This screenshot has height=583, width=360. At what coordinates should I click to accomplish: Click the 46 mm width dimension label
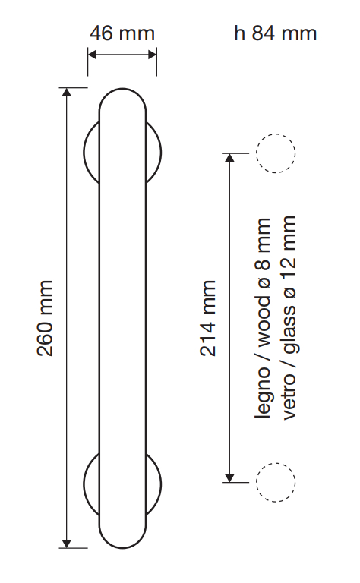(x=122, y=33)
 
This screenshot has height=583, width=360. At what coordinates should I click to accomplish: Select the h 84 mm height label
(x=276, y=33)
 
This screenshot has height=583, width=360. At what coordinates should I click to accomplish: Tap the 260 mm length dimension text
(x=45, y=318)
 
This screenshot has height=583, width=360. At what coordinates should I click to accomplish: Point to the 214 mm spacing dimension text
(x=208, y=318)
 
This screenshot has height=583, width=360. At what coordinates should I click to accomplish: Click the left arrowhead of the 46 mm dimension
(x=92, y=55)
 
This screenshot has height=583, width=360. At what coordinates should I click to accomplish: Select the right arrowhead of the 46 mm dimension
(x=153, y=55)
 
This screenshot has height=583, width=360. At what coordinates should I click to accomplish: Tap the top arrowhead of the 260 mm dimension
(x=67, y=92)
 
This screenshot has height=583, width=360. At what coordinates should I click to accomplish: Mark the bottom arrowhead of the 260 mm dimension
(x=67, y=544)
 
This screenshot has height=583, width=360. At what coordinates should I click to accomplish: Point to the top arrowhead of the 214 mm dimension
(x=230, y=158)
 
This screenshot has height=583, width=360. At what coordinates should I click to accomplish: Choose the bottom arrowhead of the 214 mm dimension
(x=230, y=477)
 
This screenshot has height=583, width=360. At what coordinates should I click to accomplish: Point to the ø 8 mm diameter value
(x=263, y=254)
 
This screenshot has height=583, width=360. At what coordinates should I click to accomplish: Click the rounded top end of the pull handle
(x=122, y=90)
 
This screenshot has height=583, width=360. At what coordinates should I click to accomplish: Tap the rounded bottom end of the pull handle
(x=122, y=548)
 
